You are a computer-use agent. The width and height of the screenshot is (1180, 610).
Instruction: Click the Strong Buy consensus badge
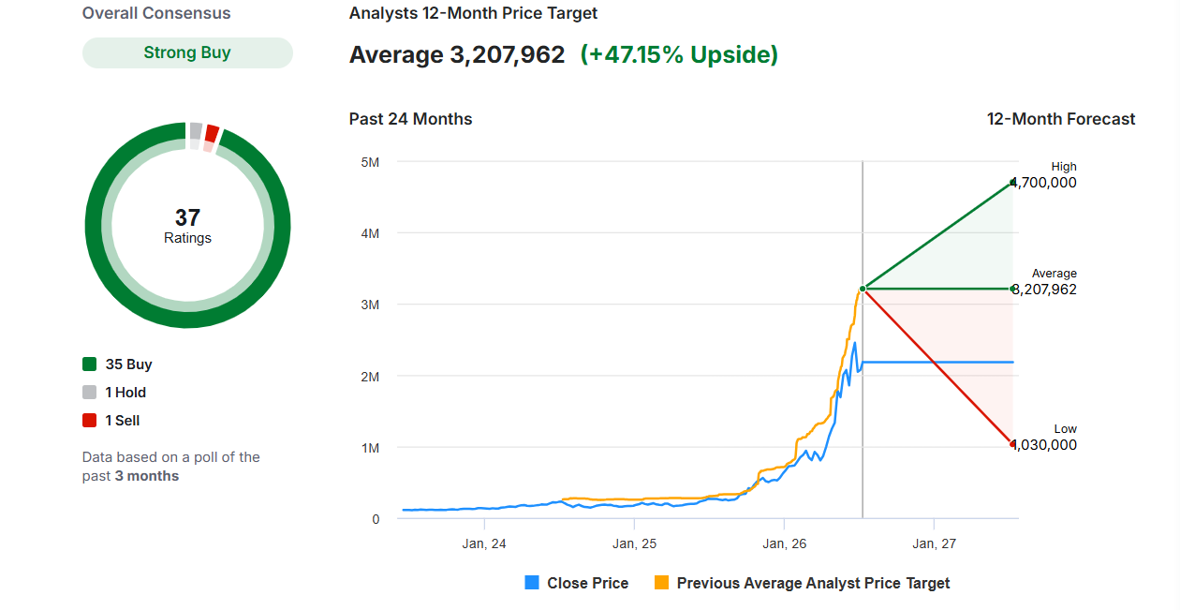tap(187, 52)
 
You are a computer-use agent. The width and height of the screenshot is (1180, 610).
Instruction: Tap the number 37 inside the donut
tap(187, 217)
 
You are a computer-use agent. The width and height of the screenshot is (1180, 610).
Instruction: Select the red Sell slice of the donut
tap(212, 134)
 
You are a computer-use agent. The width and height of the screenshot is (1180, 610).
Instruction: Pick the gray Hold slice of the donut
tap(196, 131)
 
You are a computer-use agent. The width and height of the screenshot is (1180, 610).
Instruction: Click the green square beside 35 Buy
tap(90, 365)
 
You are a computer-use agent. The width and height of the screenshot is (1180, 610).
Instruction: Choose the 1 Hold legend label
tap(125, 393)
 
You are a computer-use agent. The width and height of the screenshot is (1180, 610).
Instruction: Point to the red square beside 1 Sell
tap(90, 420)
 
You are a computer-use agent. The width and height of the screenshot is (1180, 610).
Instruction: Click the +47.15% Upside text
tap(679, 55)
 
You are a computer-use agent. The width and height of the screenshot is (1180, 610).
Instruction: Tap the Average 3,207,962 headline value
tap(457, 55)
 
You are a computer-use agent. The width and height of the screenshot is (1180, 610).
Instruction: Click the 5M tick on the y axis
tap(370, 162)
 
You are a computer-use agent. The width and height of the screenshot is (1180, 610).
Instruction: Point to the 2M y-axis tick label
tap(370, 377)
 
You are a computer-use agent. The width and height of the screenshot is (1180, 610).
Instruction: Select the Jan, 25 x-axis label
tap(634, 543)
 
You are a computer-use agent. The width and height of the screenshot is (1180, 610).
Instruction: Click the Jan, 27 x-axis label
tap(934, 543)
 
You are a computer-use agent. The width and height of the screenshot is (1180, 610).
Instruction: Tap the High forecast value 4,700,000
tap(1044, 183)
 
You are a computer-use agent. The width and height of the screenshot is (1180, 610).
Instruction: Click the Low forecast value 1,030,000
tap(1044, 444)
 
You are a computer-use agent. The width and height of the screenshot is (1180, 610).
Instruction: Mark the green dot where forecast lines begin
tap(863, 289)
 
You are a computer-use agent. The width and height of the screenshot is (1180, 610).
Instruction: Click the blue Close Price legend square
tap(532, 583)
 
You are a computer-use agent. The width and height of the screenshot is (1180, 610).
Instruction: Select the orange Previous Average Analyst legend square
tap(661, 583)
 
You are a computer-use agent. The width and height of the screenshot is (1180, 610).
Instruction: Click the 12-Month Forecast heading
tap(1060, 119)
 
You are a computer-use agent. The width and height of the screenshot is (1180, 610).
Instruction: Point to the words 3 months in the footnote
tap(147, 476)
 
